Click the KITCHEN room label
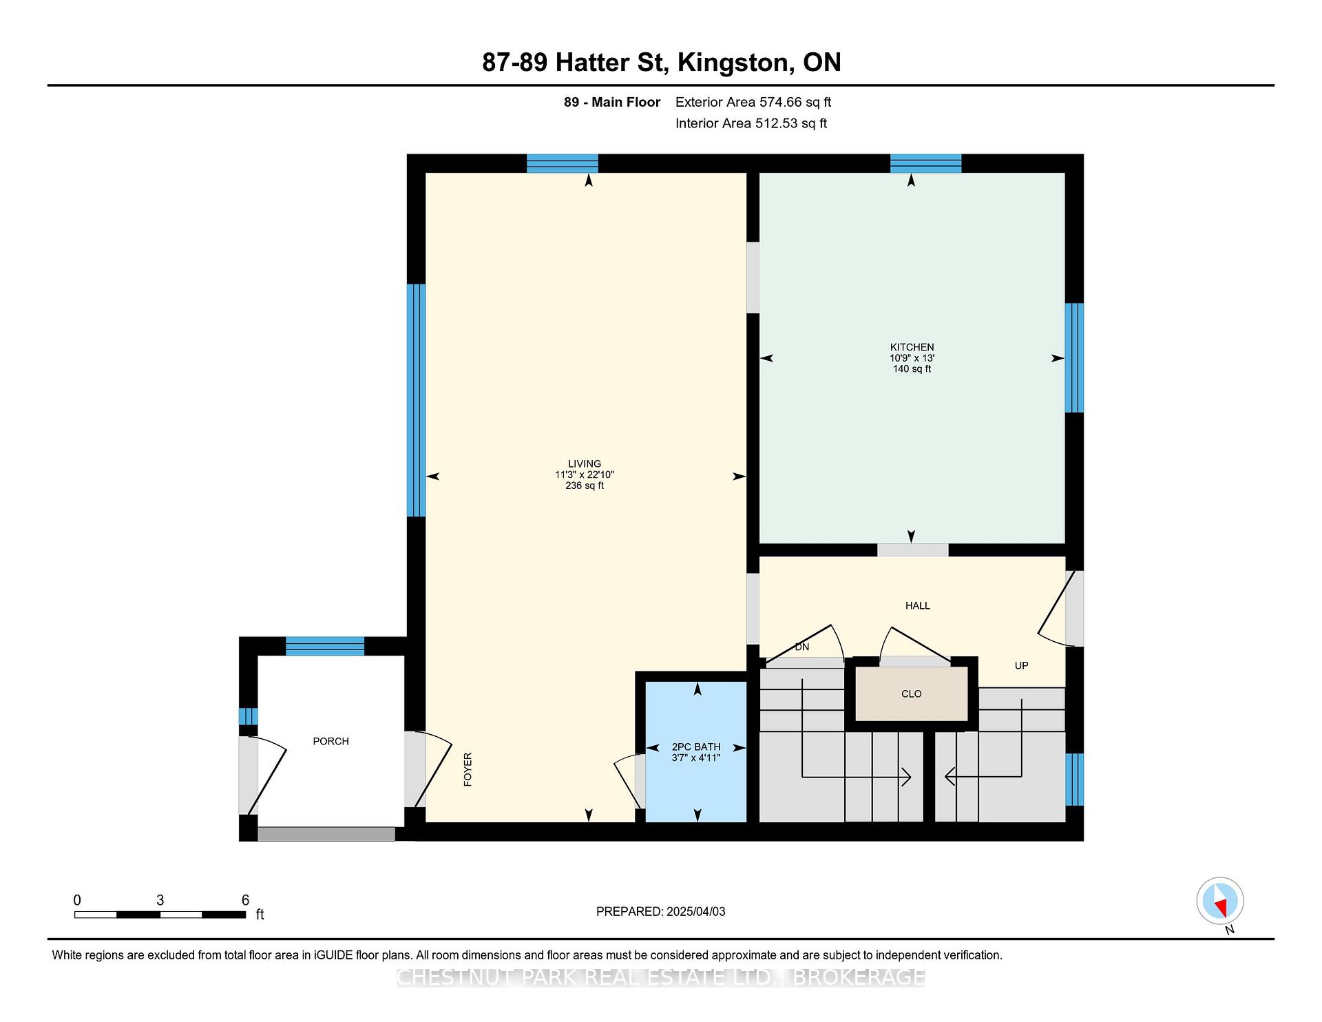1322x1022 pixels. [912, 347]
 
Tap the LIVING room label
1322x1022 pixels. [585, 463]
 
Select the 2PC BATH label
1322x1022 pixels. [696, 747]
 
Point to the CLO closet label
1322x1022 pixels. [911, 693]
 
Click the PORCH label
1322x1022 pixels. [330, 741]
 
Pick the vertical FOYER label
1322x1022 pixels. [468, 769]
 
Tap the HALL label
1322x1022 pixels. [917, 605]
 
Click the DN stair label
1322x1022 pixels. [801, 647]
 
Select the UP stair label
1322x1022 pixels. [1021, 665]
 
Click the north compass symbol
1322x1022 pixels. [1220, 901]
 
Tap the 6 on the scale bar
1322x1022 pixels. [245, 900]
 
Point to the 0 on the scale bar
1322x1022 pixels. [77, 900]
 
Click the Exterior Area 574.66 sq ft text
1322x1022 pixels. [753, 102]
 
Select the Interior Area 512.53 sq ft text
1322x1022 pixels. [751, 123]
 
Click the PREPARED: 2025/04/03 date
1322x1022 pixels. [660, 911]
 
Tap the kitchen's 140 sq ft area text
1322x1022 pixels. [912, 368]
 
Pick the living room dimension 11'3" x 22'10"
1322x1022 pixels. [585, 474]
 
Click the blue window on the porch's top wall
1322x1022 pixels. [325, 646]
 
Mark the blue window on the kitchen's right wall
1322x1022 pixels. [1074, 358]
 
